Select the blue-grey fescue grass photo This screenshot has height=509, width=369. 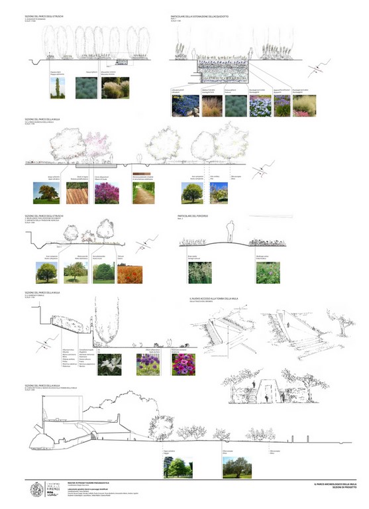click(85, 88)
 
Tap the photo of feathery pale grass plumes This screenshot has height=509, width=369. click(114, 88)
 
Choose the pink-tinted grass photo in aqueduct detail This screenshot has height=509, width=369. click(303, 105)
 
